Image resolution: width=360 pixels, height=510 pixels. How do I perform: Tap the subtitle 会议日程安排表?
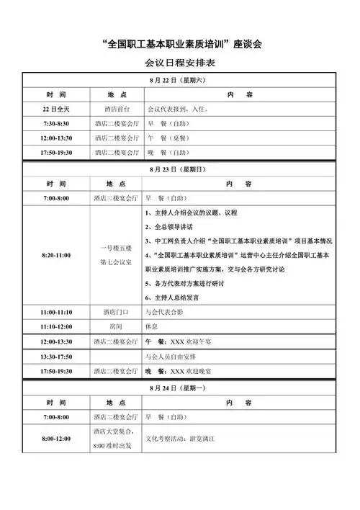tap(179, 63)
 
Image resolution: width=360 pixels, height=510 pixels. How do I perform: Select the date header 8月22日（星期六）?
tap(179, 80)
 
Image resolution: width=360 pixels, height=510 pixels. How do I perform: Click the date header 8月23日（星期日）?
tap(179, 169)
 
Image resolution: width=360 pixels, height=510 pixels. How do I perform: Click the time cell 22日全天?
tap(55, 109)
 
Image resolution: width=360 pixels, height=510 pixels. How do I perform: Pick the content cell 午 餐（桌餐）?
tap(166, 138)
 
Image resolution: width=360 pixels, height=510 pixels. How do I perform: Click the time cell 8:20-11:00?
tap(55, 255)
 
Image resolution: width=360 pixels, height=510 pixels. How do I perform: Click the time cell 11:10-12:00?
tap(55, 326)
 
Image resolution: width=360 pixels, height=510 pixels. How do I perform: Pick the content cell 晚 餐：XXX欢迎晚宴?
tap(183, 370)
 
